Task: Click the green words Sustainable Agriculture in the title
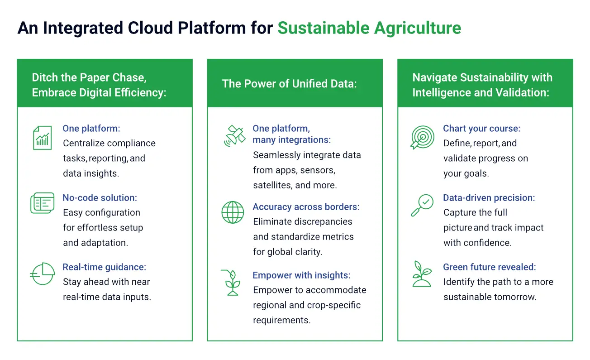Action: (x=369, y=28)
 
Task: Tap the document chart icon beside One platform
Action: (x=42, y=138)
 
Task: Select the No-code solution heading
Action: (x=100, y=197)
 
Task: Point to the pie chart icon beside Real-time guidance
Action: (x=42, y=274)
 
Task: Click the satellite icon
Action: (x=234, y=135)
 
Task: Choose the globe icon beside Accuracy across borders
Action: (x=233, y=212)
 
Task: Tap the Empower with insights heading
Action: (x=302, y=275)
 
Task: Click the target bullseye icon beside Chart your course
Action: (x=423, y=137)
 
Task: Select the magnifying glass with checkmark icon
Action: (x=422, y=205)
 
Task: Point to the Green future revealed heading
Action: (x=490, y=267)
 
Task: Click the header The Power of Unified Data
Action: (x=289, y=83)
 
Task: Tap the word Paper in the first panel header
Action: (x=95, y=77)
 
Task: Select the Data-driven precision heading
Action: (x=489, y=197)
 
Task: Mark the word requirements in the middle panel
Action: (x=282, y=320)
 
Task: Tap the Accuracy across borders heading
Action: (x=306, y=207)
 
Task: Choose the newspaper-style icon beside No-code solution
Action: (x=43, y=203)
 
